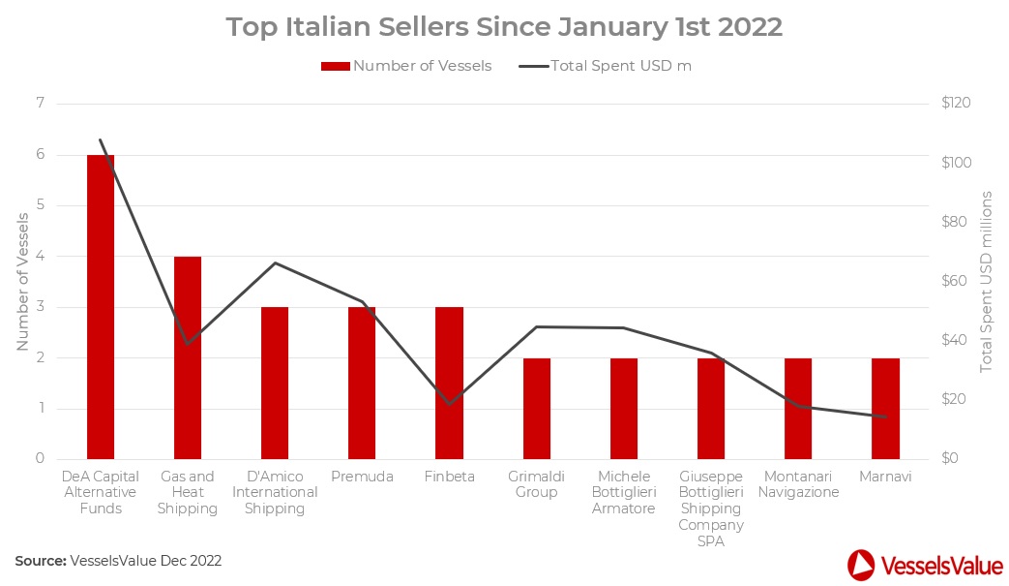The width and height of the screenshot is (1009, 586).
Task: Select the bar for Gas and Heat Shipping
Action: (188, 357)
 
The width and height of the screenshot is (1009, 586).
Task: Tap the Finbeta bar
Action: (449, 383)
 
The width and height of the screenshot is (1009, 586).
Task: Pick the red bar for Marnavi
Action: (885, 408)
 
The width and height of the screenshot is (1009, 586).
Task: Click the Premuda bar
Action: (362, 383)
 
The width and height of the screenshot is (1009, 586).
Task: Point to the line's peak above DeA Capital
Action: (101, 140)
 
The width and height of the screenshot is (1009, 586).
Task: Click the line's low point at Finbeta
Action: (449, 404)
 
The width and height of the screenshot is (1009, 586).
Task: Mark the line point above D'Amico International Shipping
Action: (275, 262)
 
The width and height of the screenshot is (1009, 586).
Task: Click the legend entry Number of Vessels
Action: (406, 66)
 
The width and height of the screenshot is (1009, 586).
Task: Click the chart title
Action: (504, 27)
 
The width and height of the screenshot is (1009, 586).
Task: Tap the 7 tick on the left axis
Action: (40, 104)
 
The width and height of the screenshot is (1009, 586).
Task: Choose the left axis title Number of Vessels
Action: (22, 281)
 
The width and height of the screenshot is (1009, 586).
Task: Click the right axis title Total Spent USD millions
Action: (987, 281)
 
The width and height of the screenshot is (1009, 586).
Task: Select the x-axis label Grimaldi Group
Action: (536, 484)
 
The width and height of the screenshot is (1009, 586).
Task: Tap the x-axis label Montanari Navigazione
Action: (798, 484)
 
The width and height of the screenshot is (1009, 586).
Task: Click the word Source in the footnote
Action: (40, 561)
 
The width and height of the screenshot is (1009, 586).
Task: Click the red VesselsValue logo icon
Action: (861, 565)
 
